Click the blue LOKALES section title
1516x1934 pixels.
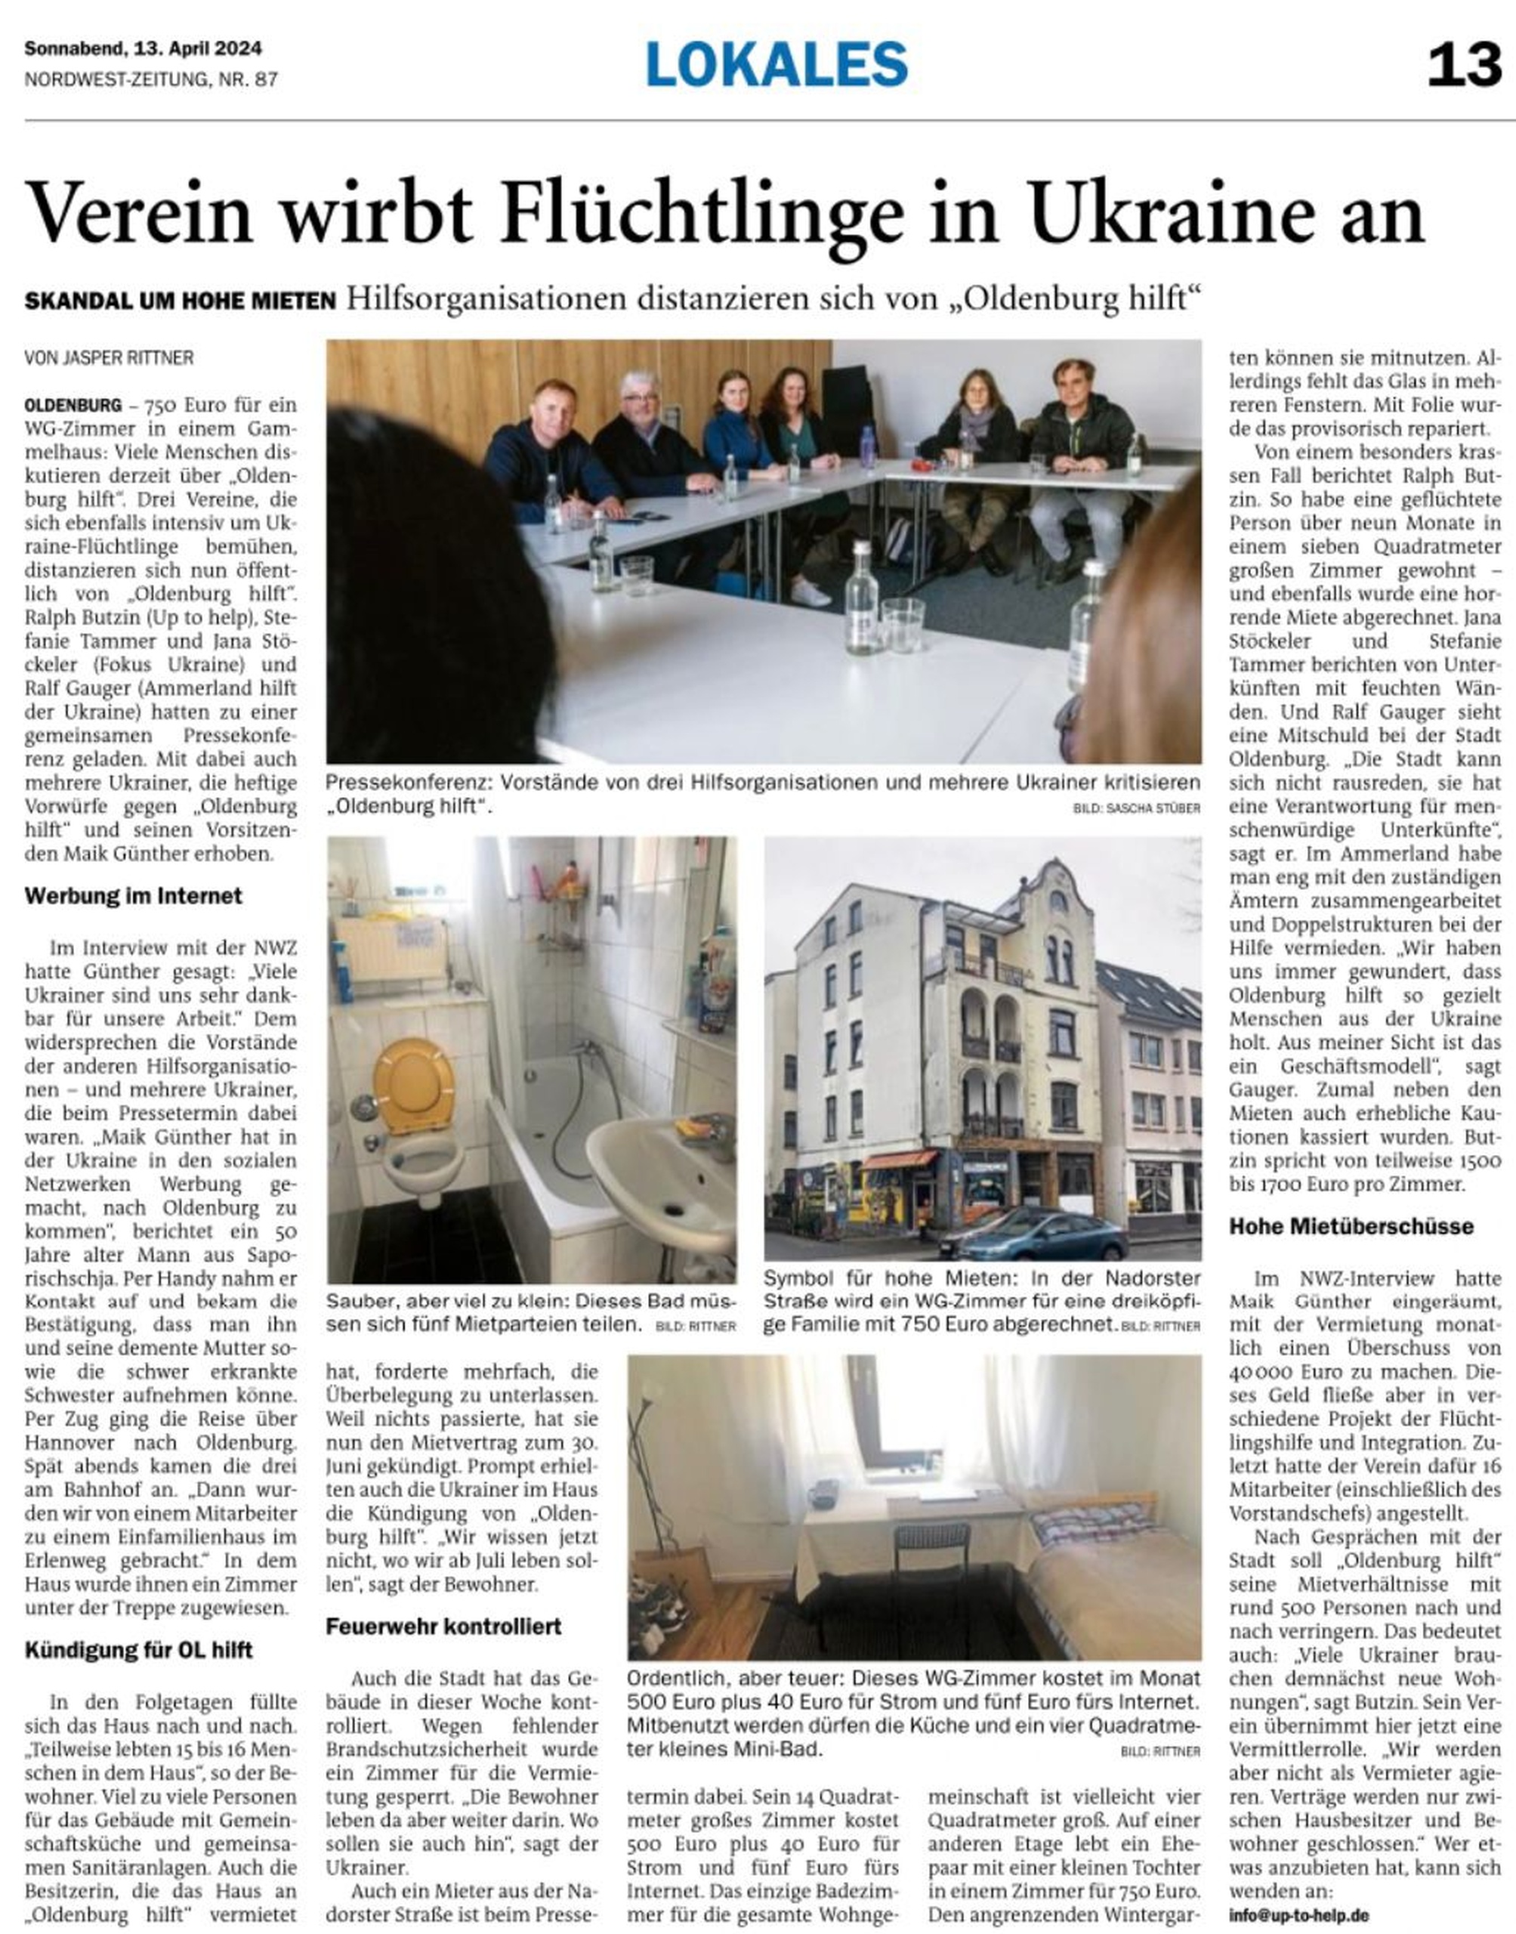pos(777,65)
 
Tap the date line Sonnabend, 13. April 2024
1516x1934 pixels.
pos(143,49)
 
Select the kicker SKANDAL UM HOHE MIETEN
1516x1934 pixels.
pos(181,301)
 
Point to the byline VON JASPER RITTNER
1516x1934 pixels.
pos(110,359)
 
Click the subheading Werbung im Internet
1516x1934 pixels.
pos(133,895)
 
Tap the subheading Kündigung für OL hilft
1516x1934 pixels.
pos(138,1650)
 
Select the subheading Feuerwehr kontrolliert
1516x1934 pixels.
pos(443,1626)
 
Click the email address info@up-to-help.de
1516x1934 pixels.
pos(1298,1915)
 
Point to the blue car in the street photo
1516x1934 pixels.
pos(1035,1234)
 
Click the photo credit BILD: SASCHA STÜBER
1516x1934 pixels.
pos(1136,808)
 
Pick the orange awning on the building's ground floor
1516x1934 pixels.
pos(899,1159)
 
